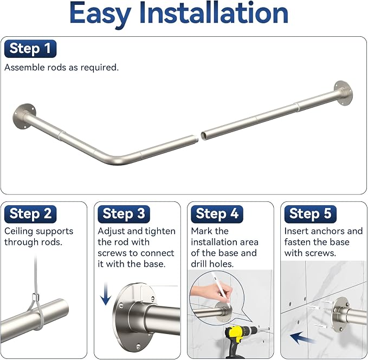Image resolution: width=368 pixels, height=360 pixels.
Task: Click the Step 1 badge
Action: pyautogui.click(x=30, y=49)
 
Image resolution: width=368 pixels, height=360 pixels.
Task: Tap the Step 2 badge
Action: pyautogui.click(x=30, y=214)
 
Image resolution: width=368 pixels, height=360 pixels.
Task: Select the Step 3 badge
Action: pyautogui.click(x=124, y=214)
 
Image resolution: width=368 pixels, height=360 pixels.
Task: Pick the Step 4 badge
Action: pyautogui.click(x=217, y=214)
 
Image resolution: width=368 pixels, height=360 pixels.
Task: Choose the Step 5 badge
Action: pyautogui.click(x=310, y=214)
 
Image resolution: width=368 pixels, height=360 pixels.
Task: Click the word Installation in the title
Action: pyautogui.click(x=214, y=13)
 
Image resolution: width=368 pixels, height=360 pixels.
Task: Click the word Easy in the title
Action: pyautogui.click(x=100, y=15)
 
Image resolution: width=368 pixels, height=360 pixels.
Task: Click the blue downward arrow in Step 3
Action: pyautogui.click(x=106, y=293)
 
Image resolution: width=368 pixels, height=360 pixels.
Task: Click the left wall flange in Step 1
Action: pyautogui.click(x=24, y=116)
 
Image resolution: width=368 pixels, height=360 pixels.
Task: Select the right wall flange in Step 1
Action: pyautogui.click(x=344, y=93)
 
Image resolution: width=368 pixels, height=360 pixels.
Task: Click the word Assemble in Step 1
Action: pyautogui.click(x=24, y=68)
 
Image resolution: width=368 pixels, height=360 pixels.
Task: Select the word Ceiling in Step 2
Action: pyautogui.click(x=19, y=232)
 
